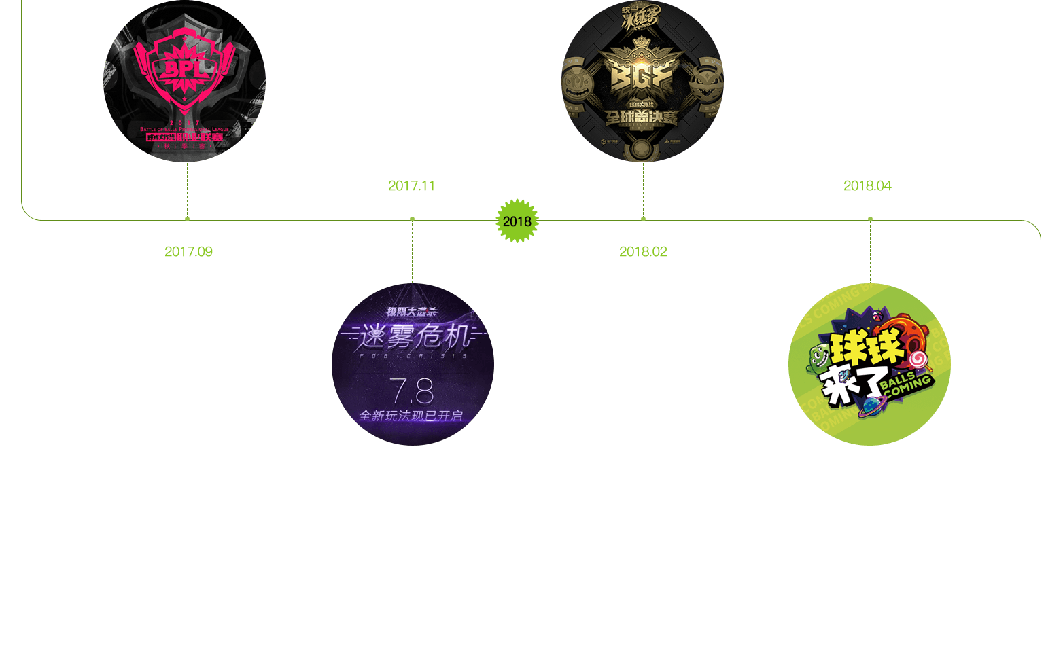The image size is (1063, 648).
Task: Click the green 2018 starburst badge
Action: pos(517,221)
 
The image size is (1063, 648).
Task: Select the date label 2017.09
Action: pos(188,252)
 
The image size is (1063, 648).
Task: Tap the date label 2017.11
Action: pos(411,186)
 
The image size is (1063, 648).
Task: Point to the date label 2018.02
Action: pos(643,252)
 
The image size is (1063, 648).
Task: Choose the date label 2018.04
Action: pos(867,186)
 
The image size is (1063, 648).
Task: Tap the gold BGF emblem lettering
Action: pos(642,77)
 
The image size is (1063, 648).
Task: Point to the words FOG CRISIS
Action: pos(413,355)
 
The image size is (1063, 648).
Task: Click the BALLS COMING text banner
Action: pos(906,385)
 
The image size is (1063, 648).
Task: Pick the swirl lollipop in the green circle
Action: pos(918,359)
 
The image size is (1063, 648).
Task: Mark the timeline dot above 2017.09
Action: pos(187,219)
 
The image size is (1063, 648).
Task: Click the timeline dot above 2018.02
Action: pos(643,219)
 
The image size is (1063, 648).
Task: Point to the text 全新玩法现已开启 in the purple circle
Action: pos(411,416)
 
